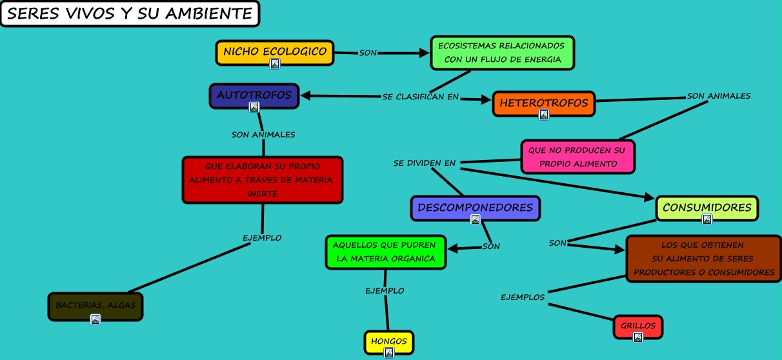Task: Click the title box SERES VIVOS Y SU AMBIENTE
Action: (x=130, y=14)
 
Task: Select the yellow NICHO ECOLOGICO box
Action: (x=274, y=52)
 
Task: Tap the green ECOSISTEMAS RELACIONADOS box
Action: (x=502, y=52)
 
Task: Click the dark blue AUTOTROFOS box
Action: (x=254, y=95)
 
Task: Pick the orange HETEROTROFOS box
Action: (x=543, y=103)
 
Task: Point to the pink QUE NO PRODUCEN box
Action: (x=577, y=157)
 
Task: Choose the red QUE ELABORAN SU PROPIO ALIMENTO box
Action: (x=262, y=179)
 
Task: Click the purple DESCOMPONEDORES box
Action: (x=475, y=208)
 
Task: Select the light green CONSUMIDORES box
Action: (x=707, y=208)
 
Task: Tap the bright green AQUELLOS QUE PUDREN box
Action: (x=385, y=252)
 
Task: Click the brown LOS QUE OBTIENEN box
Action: (x=703, y=258)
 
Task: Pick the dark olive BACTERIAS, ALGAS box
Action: (x=95, y=305)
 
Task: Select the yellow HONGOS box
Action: (x=388, y=341)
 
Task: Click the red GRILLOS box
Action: (x=637, y=326)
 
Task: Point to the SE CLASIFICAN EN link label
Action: (x=420, y=97)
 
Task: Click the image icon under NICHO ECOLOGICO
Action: (x=275, y=63)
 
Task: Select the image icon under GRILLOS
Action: (x=638, y=337)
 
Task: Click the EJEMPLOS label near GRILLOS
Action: (x=523, y=297)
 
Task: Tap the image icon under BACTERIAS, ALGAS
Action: (x=95, y=319)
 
